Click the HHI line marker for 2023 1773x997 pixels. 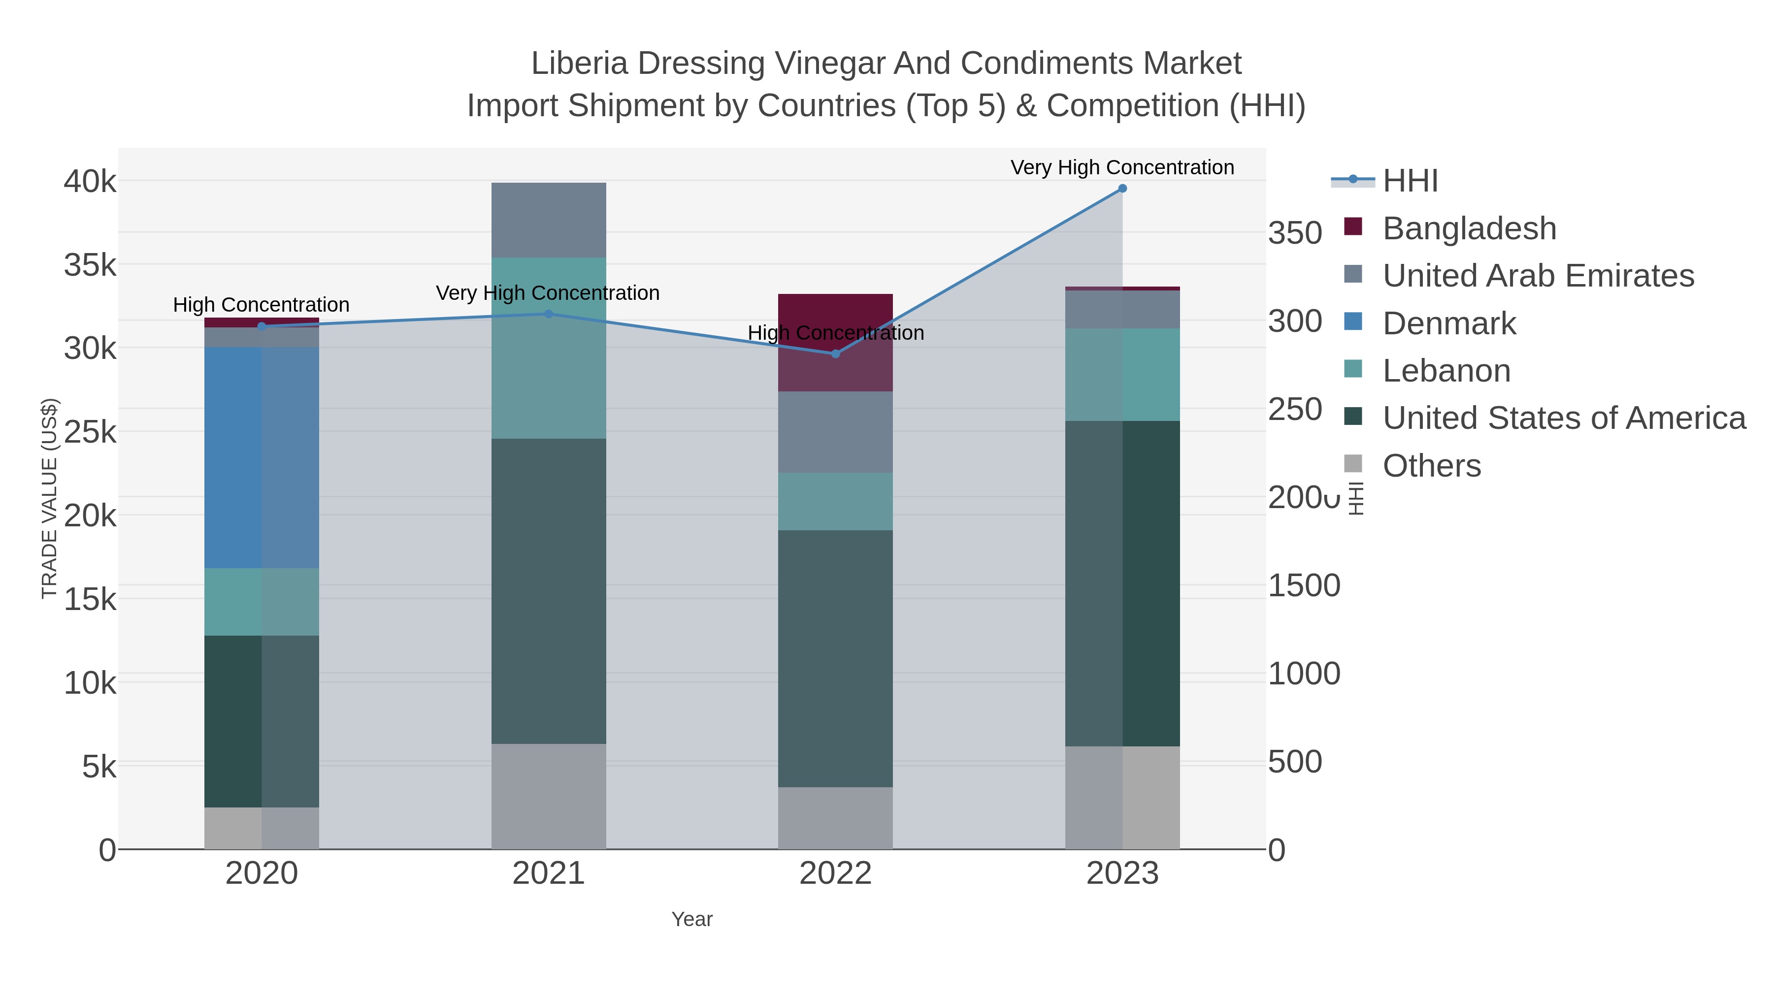click(1122, 188)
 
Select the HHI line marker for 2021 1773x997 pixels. click(549, 314)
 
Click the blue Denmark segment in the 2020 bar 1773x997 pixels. click(262, 457)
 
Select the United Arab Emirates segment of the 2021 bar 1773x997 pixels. click(549, 220)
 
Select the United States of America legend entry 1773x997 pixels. click(1563, 418)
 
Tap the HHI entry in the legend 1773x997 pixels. click(1410, 181)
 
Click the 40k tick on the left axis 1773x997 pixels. click(90, 182)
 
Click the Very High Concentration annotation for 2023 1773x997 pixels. click(1122, 167)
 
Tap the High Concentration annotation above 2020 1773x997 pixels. click(261, 304)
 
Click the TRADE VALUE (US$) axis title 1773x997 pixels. click(50, 498)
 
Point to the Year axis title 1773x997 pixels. click(692, 919)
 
